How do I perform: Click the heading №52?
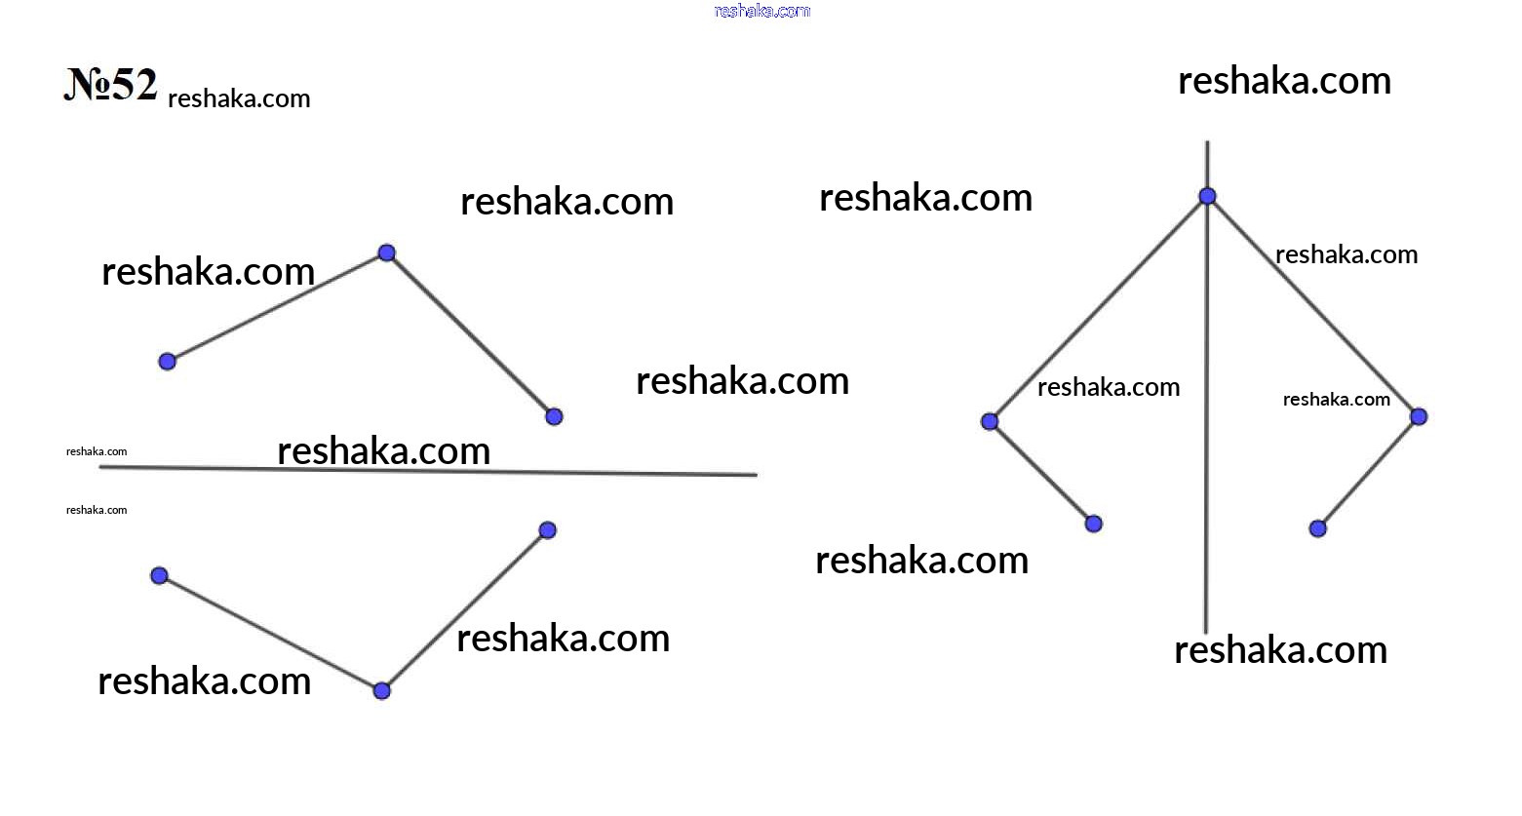pyautogui.click(x=111, y=84)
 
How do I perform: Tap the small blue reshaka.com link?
pyautogui.click(x=762, y=11)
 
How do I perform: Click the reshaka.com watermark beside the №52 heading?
pyautogui.click(x=239, y=99)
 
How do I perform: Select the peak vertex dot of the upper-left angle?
pyautogui.click(x=387, y=253)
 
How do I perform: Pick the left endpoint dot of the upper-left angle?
pyautogui.click(x=167, y=362)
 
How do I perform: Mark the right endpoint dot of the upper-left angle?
pyautogui.click(x=554, y=416)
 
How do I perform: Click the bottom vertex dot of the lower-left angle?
pyautogui.click(x=382, y=691)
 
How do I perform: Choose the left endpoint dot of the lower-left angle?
pyautogui.click(x=159, y=576)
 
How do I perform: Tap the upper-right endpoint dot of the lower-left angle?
pyautogui.click(x=547, y=530)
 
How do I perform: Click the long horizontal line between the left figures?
pyautogui.click(x=428, y=471)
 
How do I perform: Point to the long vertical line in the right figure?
pyautogui.click(x=1207, y=387)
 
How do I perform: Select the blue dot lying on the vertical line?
pyautogui.click(x=1207, y=196)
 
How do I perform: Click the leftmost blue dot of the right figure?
pyautogui.click(x=990, y=421)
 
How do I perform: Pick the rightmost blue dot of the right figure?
pyautogui.click(x=1419, y=416)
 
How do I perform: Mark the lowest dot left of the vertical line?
pyautogui.click(x=1093, y=524)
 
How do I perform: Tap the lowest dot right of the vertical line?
pyautogui.click(x=1317, y=528)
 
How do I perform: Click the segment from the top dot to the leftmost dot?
pyautogui.click(x=1098, y=309)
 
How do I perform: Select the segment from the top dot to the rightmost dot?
pyautogui.click(x=1312, y=306)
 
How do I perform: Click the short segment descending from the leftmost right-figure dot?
pyautogui.click(x=1041, y=473)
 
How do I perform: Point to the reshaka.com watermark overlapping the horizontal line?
pyautogui.click(x=384, y=451)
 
